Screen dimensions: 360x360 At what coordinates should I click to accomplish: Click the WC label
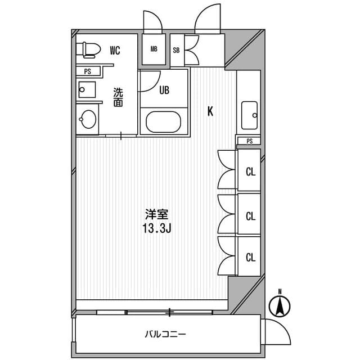tap(115, 50)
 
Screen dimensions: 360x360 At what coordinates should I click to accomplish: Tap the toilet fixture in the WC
tap(88, 49)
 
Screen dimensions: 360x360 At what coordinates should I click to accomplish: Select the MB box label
tap(154, 48)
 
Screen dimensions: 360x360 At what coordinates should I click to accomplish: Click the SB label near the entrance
tap(175, 49)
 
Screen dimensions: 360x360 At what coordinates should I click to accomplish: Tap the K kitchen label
tap(210, 111)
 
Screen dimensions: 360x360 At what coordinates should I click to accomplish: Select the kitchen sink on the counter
tap(249, 115)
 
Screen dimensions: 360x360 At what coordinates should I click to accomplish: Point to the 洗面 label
tap(118, 97)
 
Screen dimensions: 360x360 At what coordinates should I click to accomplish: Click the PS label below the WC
tap(88, 71)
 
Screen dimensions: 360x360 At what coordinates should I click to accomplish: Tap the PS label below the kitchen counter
tap(249, 141)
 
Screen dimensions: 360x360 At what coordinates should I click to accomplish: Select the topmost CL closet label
tap(250, 172)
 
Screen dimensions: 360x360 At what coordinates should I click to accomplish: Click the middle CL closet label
tap(250, 215)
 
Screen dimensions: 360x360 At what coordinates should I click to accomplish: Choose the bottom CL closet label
tap(250, 257)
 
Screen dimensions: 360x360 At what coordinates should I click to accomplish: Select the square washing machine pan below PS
tap(87, 89)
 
